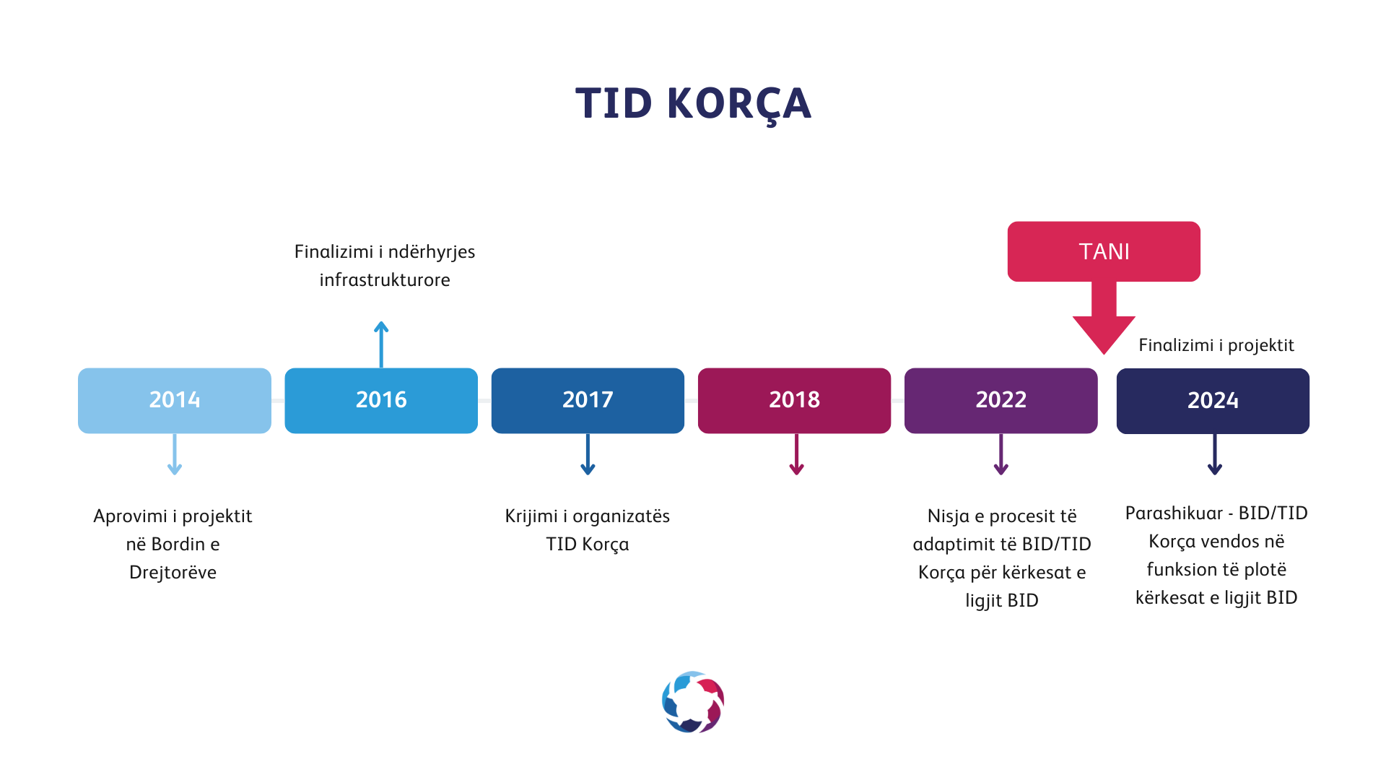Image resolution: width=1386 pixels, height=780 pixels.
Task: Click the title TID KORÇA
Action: (x=693, y=103)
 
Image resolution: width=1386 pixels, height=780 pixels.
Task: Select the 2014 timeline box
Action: (x=175, y=401)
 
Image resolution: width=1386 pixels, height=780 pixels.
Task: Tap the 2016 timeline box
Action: (x=381, y=401)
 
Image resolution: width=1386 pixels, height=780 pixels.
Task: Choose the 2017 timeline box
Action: (x=588, y=401)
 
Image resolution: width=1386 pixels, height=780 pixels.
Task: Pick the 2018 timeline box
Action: (x=794, y=401)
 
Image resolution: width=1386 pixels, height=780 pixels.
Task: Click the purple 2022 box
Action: (x=1001, y=401)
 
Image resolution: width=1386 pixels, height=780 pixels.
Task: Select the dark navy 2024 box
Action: (x=1213, y=401)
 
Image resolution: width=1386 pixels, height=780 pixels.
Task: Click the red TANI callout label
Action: (x=1104, y=251)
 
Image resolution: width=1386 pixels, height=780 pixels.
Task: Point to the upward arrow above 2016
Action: (x=381, y=344)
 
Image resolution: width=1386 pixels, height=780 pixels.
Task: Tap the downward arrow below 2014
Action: (x=175, y=454)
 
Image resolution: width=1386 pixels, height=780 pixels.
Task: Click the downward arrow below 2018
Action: (x=796, y=454)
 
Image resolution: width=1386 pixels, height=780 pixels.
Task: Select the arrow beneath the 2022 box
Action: (x=1001, y=454)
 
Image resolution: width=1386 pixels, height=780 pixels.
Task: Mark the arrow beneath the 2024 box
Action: (x=1215, y=454)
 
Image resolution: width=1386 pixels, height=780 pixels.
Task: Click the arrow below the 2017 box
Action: (x=588, y=454)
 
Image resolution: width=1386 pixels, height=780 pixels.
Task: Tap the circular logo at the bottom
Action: (x=693, y=702)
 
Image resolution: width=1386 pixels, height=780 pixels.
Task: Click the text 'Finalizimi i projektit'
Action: (x=1216, y=345)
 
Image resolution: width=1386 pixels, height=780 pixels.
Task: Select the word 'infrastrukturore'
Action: (x=385, y=279)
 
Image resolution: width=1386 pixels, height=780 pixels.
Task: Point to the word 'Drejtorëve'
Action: (x=173, y=572)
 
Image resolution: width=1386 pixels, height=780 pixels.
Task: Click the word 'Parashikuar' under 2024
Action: (x=1174, y=513)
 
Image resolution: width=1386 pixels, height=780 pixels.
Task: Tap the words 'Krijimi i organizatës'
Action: (x=588, y=516)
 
